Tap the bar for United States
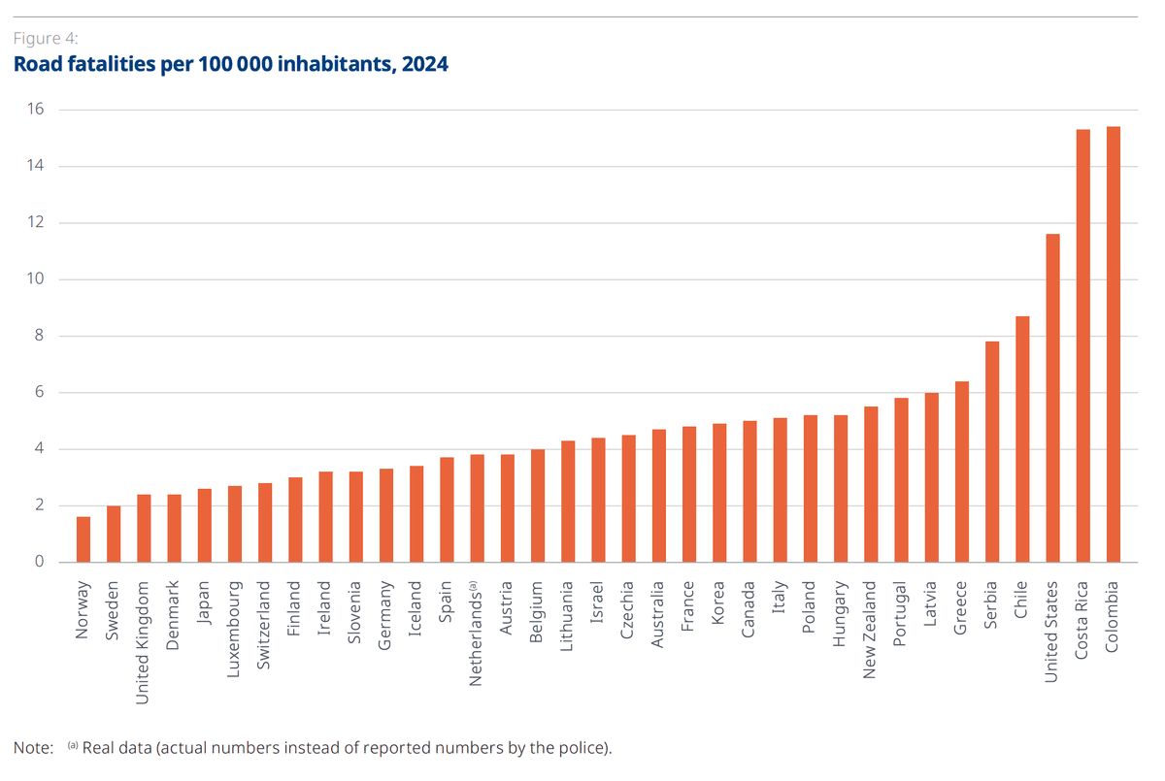(1052, 398)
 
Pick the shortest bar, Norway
(83, 539)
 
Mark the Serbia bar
(992, 451)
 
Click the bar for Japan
(205, 525)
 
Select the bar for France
(689, 494)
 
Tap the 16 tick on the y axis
(36, 110)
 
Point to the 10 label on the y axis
(36, 279)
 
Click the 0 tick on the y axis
(40, 562)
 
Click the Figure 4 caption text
(46, 40)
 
